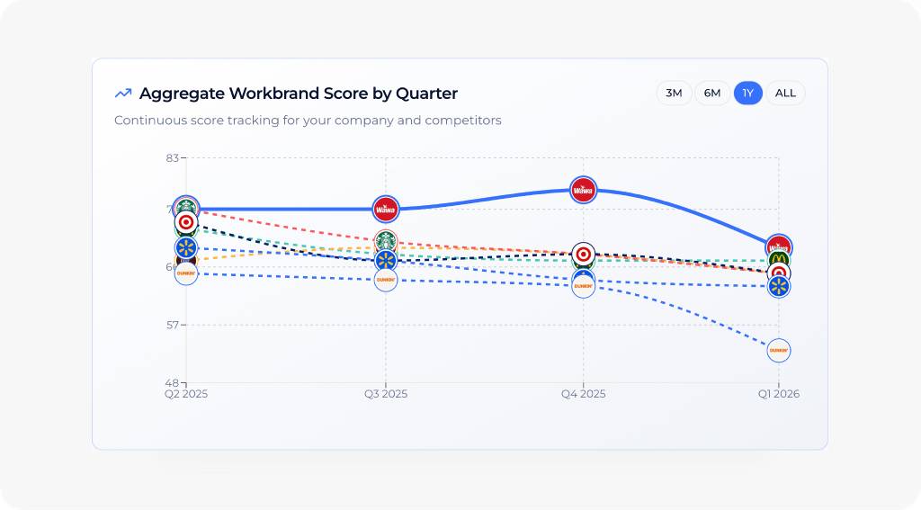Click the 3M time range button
(674, 93)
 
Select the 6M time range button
(712, 93)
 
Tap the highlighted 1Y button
(747, 93)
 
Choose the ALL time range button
(785, 93)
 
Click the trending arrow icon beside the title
(123, 94)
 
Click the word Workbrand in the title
(273, 94)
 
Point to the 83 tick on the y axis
(172, 158)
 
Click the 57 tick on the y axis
(172, 325)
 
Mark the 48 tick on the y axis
(172, 382)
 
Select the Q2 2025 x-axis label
(186, 394)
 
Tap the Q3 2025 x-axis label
(385, 394)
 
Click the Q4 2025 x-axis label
(584, 394)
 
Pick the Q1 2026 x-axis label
(778, 394)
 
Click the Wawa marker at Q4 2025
(584, 190)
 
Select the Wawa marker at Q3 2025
(385, 209)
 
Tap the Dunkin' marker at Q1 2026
(779, 350)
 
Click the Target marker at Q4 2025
(584, 254)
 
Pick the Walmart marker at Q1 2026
(779, 286)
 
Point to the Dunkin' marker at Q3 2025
(385, 280)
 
